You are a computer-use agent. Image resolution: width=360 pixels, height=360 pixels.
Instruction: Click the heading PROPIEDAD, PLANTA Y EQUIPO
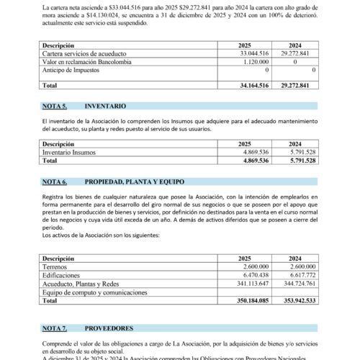click(x=140, y=181)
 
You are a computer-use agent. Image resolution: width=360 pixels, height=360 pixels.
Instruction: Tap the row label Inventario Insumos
click(x=73, y=152)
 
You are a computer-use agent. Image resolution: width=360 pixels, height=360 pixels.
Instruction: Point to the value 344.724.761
click(x=297, y=284)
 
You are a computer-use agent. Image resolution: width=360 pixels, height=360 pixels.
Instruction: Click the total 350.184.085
click(x=249, y=301)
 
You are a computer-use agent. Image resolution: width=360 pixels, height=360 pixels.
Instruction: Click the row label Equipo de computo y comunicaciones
click(x=96, y=292)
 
